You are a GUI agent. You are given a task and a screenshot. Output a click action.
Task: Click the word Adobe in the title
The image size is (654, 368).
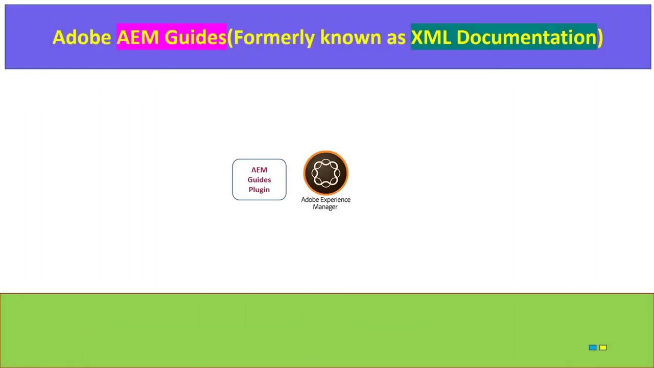(x=82, y=37)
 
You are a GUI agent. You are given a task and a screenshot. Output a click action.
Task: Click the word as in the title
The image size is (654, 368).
(x=392, y=37)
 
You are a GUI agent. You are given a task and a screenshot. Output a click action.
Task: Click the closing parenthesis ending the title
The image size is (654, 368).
(x=600, y=37)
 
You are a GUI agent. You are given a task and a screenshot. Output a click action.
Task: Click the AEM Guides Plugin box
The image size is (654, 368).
(x=259, y=179)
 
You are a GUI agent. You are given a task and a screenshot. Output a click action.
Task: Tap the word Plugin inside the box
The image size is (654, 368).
(x=259, y=190)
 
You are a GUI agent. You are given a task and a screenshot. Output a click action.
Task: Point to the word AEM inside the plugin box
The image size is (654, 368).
(x=259, y=170)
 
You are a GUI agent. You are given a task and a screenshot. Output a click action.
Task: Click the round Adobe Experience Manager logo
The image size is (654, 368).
(x=325, y=173)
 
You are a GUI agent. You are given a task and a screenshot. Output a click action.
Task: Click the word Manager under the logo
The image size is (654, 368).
(x=325, y=207)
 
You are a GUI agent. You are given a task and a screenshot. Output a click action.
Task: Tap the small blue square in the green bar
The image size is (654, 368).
(x=592, y=348)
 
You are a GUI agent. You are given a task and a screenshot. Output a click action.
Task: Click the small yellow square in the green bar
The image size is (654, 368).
(x=603, y=348)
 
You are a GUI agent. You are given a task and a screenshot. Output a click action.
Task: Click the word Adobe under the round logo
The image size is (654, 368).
(x=310, y=200)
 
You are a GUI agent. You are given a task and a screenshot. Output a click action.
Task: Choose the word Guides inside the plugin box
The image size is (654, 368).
(x=259, y=179)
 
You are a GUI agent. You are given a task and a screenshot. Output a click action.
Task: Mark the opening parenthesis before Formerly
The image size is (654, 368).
(x=230, y=37)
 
